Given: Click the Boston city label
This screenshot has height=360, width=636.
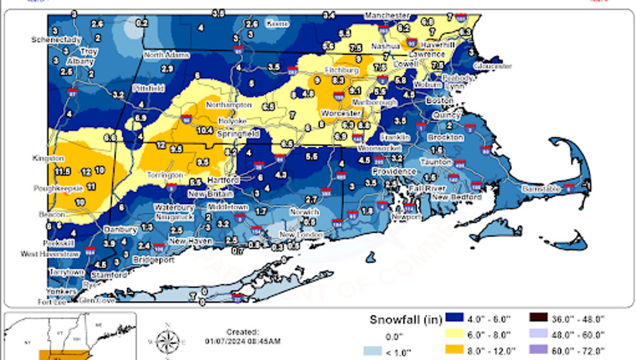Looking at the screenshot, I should tap(440, 100).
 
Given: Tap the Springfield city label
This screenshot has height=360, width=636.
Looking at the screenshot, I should tap(242, 134).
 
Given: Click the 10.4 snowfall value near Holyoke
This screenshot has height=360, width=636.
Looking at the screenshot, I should tap(205, 130).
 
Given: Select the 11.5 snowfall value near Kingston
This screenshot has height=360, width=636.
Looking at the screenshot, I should tap(64, 171).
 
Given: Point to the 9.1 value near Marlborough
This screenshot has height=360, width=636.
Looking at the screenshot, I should tap(355, 90).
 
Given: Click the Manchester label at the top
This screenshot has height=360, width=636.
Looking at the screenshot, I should tap(387, 16).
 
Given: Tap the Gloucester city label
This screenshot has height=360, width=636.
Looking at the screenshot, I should tap(492, 66).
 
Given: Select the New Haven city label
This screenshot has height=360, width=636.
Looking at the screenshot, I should tap(191, 241).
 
